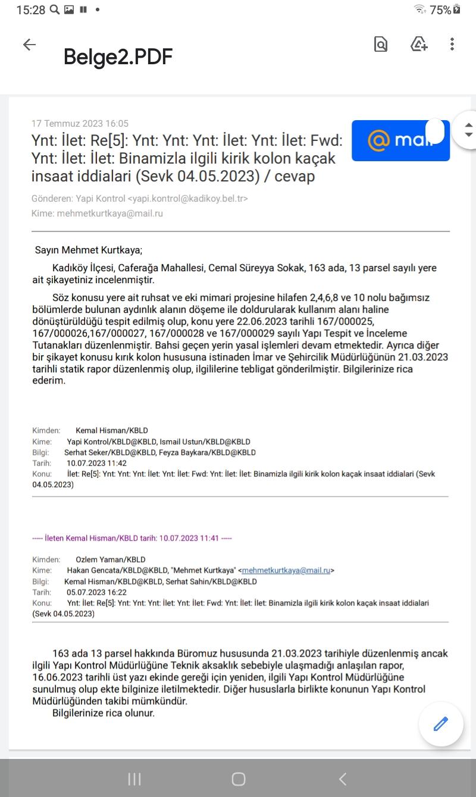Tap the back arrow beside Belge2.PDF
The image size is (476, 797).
[29, 45]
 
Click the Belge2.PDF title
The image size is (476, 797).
[118, 57]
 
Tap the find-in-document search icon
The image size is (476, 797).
[381, 44]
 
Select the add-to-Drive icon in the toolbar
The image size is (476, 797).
[419, 44]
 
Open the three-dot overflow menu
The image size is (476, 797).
[452, 44]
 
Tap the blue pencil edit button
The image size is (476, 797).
[440, 724]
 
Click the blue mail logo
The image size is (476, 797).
[400, 141]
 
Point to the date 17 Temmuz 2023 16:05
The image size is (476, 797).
[80, 124]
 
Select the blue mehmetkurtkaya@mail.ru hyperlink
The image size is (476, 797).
[286, 570]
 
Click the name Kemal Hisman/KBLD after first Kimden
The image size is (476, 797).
[112, 431]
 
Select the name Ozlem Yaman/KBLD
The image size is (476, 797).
[111, 560]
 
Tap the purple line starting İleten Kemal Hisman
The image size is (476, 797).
[132, 538]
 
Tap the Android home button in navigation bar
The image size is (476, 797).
[239, 779]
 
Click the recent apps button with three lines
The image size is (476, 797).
[134, 779]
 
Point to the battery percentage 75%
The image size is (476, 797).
[440, 10]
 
